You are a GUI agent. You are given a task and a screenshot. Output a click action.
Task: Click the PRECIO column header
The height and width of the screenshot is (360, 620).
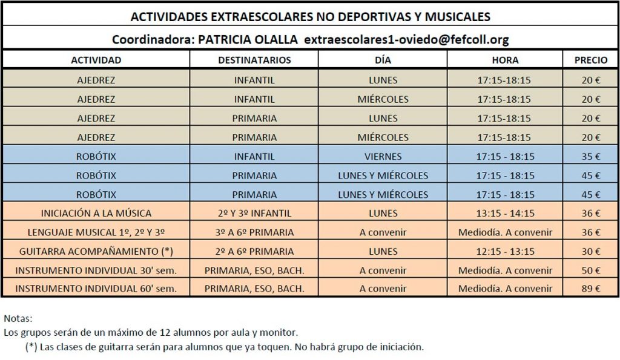click(x=591, y=60)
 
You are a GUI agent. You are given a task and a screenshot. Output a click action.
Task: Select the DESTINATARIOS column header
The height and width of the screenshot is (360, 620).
click(x=254, y=60)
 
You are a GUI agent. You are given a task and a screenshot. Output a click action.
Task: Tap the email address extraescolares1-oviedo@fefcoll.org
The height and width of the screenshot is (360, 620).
click(x=406, y=39)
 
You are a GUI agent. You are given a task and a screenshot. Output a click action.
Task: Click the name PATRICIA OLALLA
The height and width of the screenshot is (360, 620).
click(x=248, y=39)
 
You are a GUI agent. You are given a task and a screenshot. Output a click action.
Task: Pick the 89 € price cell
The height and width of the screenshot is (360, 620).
click(x=591, y=289)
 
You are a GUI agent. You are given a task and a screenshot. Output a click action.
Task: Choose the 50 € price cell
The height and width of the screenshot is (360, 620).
click(x=591, y=270)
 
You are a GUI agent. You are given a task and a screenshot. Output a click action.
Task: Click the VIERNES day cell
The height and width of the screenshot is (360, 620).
click(x=383, y=157)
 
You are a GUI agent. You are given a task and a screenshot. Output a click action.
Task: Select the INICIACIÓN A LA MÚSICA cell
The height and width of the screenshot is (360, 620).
click(x=96, y=214)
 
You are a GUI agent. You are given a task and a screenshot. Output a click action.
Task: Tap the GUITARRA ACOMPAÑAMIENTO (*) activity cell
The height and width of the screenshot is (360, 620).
click(x=96, y=251)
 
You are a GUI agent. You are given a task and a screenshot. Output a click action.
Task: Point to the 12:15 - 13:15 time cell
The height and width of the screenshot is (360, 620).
click(x=505, y=251)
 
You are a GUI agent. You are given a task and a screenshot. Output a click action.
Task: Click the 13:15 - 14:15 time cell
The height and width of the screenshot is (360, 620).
click(x=505, y=214)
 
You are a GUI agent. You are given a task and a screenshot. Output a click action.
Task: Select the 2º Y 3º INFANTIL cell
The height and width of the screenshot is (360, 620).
click(x=254, y=214)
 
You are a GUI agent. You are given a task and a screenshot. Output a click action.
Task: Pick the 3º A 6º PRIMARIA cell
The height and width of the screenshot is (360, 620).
click(x=254, y=232)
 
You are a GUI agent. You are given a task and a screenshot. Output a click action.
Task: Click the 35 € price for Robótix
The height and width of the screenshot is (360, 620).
click(x=591, y=157)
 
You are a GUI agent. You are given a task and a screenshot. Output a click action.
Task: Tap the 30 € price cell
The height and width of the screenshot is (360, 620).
click(x=591, y=251)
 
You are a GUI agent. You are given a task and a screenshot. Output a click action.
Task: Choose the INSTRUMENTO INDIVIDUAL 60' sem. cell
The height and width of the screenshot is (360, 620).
click(x=96, y=289)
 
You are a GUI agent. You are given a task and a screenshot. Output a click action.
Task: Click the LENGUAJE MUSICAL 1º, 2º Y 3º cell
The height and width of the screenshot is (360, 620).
click(x=96, y=232)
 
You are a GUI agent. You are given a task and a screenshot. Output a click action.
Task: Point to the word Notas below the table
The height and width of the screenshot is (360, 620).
click(x=18, y=318)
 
